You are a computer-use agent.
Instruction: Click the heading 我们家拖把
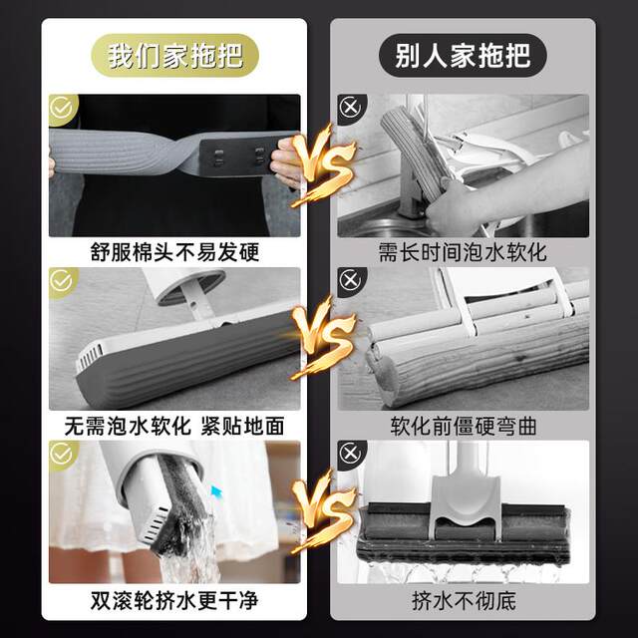[x=174, y=54]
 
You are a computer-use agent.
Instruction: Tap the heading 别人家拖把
[x=462, y=54]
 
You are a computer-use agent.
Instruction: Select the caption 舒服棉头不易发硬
[x=174, y=252]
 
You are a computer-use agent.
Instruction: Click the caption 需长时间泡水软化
[x=463, y=252]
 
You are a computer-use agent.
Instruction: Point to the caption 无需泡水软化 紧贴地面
[x=174, y=426]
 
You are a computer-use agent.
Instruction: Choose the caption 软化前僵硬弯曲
[x=463, y=426]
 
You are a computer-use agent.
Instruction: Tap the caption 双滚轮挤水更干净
[x=174, y=601]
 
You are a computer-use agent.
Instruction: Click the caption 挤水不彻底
[x=463, y=601]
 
